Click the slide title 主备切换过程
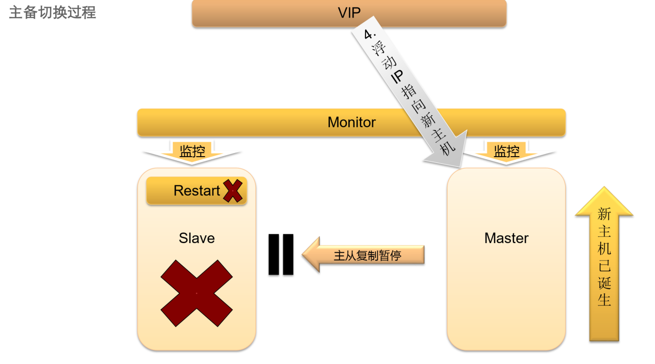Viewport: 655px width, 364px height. point(52,12)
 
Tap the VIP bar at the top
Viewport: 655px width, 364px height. point(349,13)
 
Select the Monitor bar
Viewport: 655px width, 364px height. point(351,123)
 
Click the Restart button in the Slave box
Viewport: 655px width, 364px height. point(196,191)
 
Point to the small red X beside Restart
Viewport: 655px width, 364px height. point(233,191)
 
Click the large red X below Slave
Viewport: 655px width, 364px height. point(196,293)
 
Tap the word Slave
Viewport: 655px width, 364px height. point(196,238)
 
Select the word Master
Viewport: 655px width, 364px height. point(506,238)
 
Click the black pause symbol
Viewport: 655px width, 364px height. point(281,254)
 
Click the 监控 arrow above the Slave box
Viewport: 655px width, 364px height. point(192,152)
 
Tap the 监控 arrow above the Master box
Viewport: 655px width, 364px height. point(507,152)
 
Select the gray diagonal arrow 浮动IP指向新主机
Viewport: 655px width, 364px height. point(408,93)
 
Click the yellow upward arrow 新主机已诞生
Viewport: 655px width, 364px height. point(604,264)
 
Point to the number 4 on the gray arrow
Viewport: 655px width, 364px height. point(369,35)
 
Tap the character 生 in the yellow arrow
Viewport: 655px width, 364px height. point(604,299)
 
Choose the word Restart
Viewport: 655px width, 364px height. point(196,191)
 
